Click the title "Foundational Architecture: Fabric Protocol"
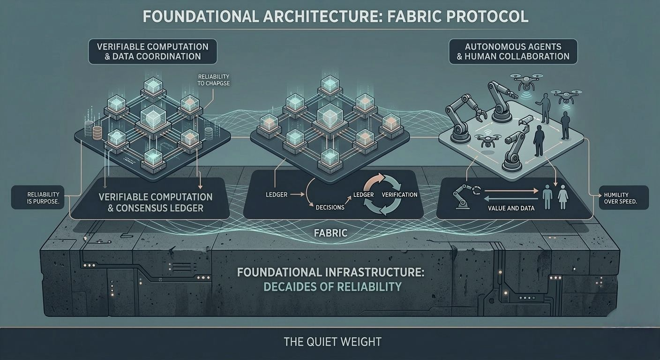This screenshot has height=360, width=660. click(x=335, y=16)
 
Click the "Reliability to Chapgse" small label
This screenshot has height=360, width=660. click(x=214, y=80)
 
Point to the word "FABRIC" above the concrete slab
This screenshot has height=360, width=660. click(x=331, y=232)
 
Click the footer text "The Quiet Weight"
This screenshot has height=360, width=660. click(x=332, y=342)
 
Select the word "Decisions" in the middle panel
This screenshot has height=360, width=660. click(x=330, y=207)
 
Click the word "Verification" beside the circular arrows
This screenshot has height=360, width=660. click(x=399, y=195)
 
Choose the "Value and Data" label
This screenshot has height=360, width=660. click(x=511, y=208)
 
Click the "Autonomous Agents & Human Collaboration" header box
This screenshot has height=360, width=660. click(x=513, y=51)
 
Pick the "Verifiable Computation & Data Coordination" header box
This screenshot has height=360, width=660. click(x=152, y=52)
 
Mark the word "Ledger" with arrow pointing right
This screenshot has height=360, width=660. click(x=277, y=194)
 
